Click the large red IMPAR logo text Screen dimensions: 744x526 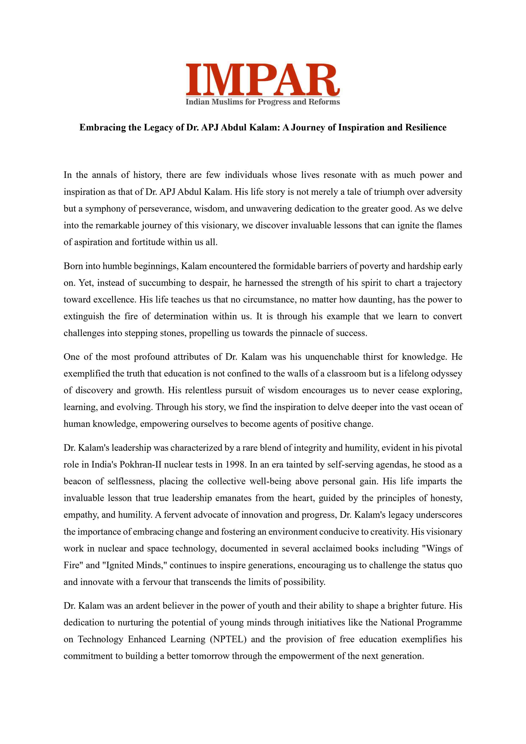[262, 79]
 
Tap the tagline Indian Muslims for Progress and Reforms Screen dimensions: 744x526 [262, 102]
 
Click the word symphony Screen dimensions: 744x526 [105, 208]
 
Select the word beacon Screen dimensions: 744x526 [77, 481]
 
